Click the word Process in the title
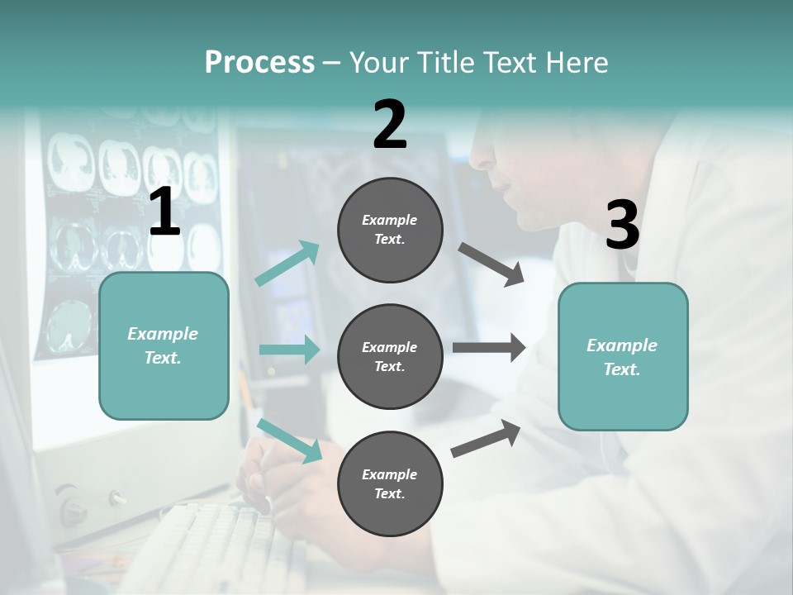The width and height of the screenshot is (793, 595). click(259, 63)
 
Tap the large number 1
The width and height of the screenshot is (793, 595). click(164, 212)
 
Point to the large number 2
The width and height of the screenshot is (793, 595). click(390, 125)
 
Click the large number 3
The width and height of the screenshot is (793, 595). click(622, 226)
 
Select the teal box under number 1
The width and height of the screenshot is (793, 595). click(164, 345)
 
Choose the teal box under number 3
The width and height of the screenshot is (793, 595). click(623, 356)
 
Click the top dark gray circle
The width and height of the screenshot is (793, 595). click(390, 230)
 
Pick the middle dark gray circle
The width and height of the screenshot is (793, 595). click(390, 356)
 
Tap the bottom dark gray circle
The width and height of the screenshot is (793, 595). click(390, 483)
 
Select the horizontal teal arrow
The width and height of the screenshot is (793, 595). click(289, 350)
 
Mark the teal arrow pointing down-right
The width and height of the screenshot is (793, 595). click(290, 440)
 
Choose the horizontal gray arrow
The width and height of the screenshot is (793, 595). click(489, 348)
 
